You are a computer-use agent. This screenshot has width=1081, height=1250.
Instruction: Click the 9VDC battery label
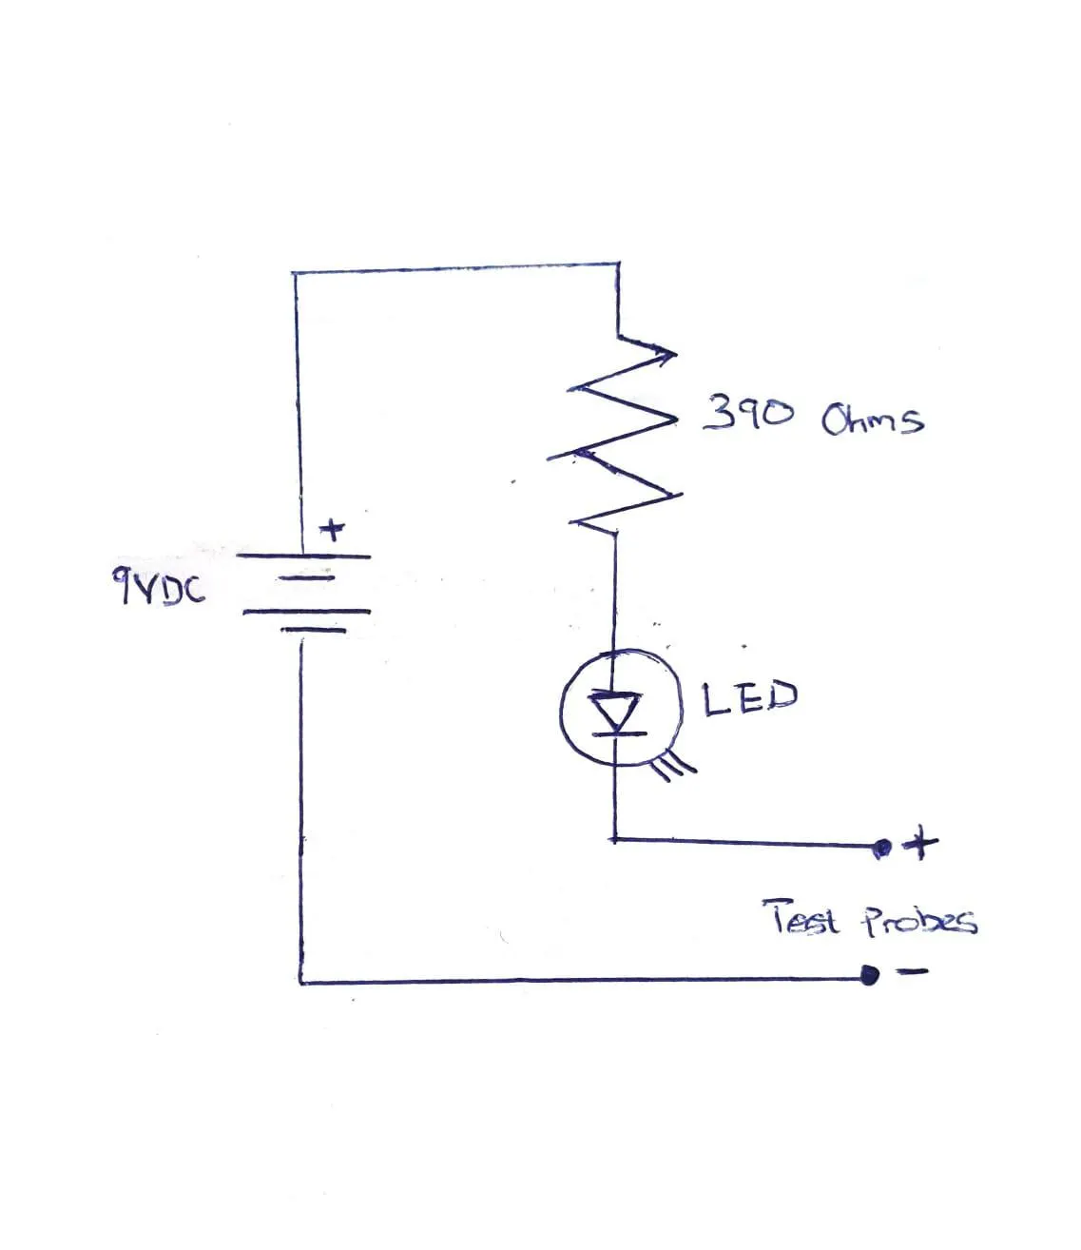[158, 586]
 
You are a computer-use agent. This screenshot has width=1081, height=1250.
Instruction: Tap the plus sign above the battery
[332, 531]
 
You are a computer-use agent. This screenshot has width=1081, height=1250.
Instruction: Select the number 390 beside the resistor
[747, 413]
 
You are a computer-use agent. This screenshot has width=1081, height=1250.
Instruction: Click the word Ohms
[872, 419]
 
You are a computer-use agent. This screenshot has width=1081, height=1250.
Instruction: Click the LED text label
[750, 697]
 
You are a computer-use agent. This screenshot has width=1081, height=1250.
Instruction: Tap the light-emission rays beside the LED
[676, 766]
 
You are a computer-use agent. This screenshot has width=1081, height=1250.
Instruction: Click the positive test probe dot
[882, 849]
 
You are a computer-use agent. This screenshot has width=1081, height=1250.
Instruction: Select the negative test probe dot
[869, 975]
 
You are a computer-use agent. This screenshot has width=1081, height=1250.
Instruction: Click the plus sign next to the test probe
[919, 843]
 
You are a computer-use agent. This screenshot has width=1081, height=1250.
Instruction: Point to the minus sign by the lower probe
[913, 972]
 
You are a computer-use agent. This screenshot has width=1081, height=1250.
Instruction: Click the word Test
[800, 917]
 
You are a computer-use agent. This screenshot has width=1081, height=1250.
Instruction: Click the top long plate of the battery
[303, 556]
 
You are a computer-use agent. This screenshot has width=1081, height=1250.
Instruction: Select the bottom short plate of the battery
[313, 630]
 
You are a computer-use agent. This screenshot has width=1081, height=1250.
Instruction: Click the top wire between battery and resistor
[455, 268]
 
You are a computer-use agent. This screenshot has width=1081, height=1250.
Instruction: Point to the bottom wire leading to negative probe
[584, 979]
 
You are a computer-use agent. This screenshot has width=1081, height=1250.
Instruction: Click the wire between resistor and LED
[615, 593]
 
